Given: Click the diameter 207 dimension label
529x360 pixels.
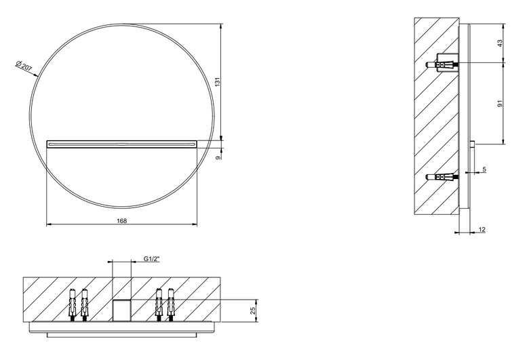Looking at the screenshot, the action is point(24,66).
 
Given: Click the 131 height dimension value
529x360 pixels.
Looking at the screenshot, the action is point(218,81).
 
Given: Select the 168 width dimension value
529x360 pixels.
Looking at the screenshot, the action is point(122,221).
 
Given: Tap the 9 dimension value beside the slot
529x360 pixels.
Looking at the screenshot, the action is point(218,157).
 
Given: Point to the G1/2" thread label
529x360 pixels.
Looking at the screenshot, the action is point(151,259).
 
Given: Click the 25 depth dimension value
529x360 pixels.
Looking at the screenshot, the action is point(253,311).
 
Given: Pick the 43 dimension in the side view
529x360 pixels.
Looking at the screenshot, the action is point(500,43).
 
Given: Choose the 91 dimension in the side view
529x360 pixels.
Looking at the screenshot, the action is point(500,103).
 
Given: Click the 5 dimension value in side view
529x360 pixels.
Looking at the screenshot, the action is point(484,169).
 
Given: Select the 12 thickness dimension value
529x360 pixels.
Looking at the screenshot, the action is point(482,230).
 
